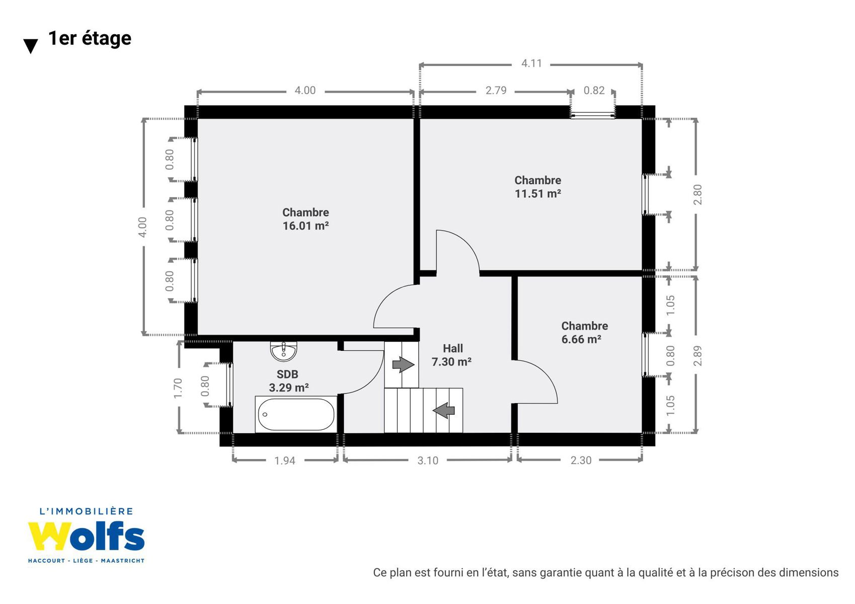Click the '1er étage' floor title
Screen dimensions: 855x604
point(90,39)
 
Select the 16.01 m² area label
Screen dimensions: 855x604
point(306,225)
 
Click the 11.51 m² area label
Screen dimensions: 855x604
point(538,194)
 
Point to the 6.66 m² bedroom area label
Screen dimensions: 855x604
point(581,339)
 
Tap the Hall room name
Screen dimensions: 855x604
point(453,348)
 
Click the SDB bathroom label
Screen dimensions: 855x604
point(287,374)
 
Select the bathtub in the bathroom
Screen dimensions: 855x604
point(296,414)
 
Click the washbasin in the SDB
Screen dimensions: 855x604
point(284,351)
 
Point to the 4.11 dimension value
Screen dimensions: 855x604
point(531,63)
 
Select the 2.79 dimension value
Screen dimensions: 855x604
point(496,91)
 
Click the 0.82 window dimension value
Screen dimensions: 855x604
point(594,91)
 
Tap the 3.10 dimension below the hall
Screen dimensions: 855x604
point(428,461)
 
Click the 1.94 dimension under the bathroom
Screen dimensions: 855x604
point(285,461)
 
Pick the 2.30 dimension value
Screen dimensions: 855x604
point(581,461)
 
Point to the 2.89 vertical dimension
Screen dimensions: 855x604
point(697,356)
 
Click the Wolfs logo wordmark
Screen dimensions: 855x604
point(87,536)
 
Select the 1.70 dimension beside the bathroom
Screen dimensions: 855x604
point(178,388)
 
